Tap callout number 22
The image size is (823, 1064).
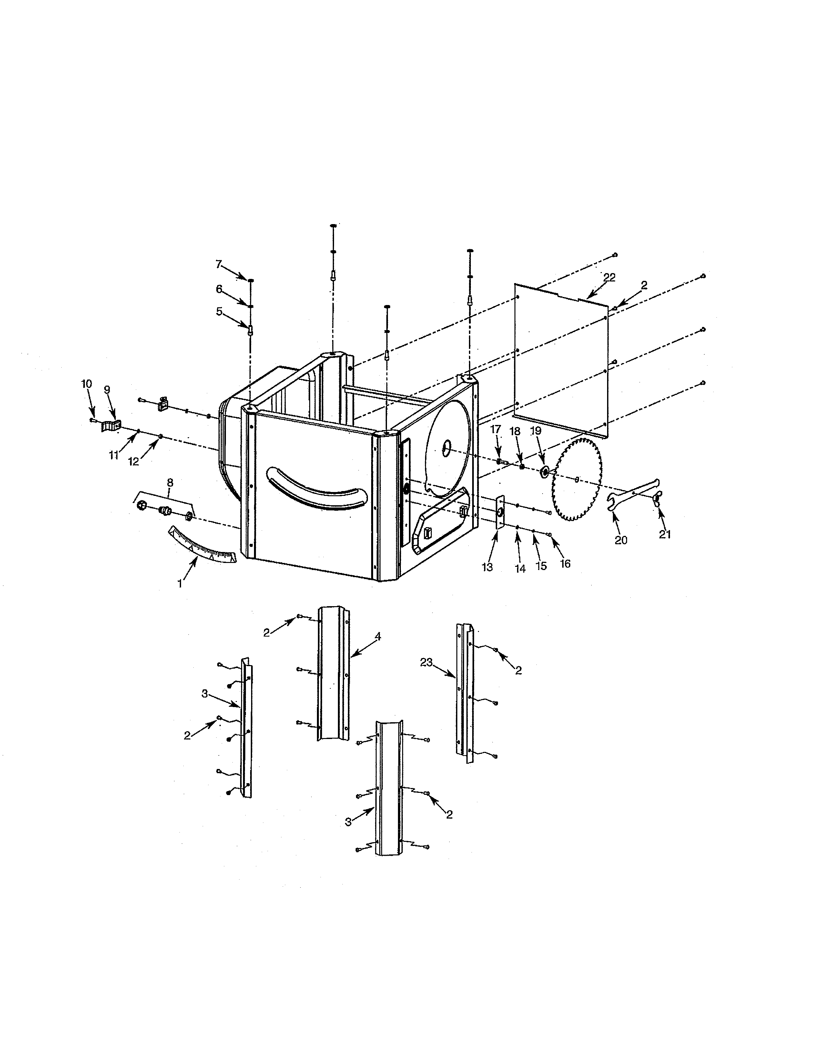[x=609, y=277]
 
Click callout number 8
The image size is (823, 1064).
[x=170, y=482]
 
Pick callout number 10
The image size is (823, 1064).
[x=86, y=384]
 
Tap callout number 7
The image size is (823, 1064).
[x=219, y=264]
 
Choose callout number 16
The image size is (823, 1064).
[x=565, y=564]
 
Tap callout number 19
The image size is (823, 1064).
[x=535, y=431]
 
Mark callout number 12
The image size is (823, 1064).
[x=134, y=461]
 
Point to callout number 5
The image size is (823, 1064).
[x=219, y=311]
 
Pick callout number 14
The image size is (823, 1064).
[x=520, y=568]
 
